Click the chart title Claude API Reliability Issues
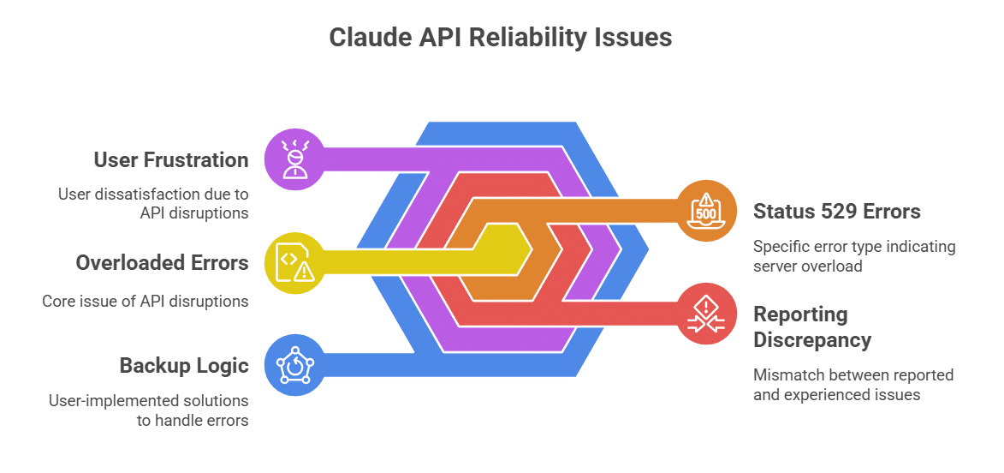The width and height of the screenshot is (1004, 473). click(x=501, y=39)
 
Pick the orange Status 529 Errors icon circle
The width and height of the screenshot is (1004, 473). click(x=707, y=210)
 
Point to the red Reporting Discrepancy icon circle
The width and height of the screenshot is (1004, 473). click(x=707, y=313)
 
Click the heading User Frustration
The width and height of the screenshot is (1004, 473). click(x=171, y=159)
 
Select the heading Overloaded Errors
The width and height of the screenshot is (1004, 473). click(x=162, y=262)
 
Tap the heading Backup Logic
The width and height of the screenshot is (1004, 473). click(x=184, y=365)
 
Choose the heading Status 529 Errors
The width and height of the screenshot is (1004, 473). click(x=837, y=211)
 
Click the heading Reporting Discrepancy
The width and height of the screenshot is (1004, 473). click(x=812, y=326)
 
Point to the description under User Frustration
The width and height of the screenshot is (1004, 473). click(x=153, y=203)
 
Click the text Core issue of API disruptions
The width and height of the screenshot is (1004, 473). click(x=146, y=301)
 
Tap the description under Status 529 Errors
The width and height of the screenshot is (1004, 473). click(x=854, y=256)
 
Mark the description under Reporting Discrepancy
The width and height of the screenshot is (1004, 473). click(x=853, y=385)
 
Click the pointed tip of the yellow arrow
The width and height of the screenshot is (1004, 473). click(x=532, y=249)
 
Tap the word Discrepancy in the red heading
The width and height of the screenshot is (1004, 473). click(x=812, y=339)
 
